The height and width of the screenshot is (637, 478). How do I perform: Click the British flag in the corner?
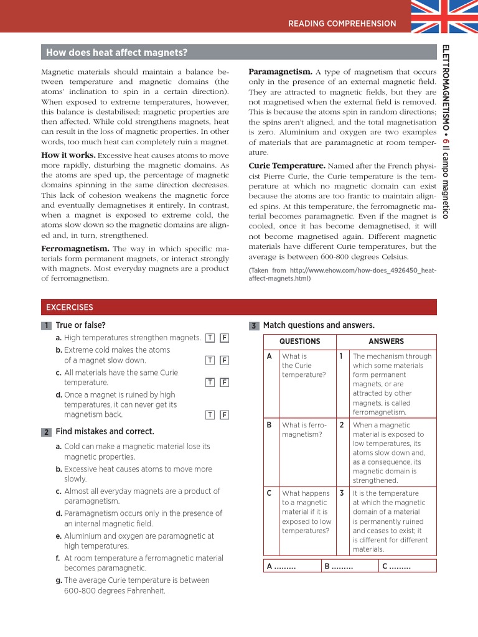point(444,16)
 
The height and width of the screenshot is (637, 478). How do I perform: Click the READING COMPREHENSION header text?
point(342,24)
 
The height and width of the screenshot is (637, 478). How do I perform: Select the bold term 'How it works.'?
point(68,155)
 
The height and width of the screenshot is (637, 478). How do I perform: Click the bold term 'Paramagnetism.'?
point(280,72)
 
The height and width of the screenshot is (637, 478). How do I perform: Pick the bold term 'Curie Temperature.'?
point(287,166)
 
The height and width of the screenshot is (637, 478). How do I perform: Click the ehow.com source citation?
point(342,274)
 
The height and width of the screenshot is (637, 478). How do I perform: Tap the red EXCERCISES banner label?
point(69,307)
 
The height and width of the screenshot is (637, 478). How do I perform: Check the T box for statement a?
point(210,338)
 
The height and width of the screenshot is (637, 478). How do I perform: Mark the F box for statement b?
point(224,360)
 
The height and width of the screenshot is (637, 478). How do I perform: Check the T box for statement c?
point(210,383)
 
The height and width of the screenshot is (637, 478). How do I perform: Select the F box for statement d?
point(224,415)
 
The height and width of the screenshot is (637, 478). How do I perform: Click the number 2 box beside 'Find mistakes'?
point(46,432)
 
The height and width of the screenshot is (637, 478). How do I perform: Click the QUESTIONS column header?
point(299,342)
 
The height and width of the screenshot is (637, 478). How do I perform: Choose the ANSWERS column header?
point(386,342)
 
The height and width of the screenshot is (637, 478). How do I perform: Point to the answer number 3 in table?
point(342,493)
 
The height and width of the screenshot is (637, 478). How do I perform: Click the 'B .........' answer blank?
point(338,566)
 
